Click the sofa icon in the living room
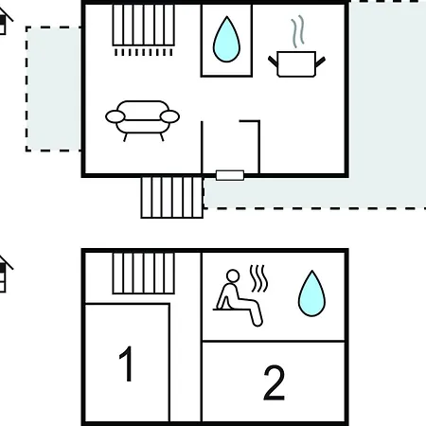tap(142, 120)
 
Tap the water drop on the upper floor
tap(226, 40)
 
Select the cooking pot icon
tap(296, 63)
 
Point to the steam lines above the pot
tap(298, 32)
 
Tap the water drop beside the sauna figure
tap(311, 293)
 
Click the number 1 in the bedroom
tap(127, 364)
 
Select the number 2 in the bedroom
tap(274, 382)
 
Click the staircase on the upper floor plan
tap(144, 25)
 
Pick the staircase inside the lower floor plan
tap(144, 274)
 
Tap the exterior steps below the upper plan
tap(172, 198)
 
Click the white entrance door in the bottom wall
tap(230, 175)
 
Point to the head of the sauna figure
tap(233, 275)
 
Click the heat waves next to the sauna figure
tap(259, 278)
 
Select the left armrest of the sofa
tap(115, 116)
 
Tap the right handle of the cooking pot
tap(320, 62)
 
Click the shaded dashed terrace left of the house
tap(53, 89)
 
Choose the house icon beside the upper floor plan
tap(5, 22)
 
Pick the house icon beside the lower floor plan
tap(5, 274)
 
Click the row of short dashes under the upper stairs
tap(144, 52)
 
